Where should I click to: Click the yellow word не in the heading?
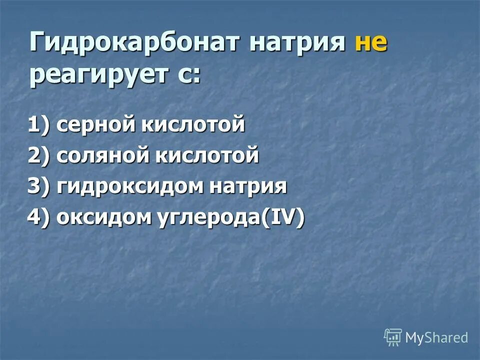tap(370, 43)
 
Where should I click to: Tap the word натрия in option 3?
tap(248, 186)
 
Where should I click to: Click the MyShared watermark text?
tap(436, 337)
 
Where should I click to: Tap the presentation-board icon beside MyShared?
tap(393, 337)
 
